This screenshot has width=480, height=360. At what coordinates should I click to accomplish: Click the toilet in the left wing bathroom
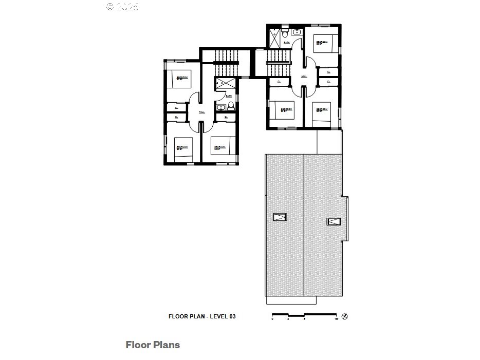tap(231, 106)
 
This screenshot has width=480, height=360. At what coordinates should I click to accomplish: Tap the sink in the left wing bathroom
tap(221, 107)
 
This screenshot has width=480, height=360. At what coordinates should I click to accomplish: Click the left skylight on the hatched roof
tap(280, 217)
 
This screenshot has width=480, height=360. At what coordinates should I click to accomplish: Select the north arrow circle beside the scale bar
tap(345, 316)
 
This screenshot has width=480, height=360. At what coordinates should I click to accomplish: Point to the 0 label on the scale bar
tap(272, 320)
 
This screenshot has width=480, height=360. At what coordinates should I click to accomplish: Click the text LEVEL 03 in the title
tap(222, 317)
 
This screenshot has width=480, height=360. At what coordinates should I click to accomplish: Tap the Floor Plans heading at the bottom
tap(153, 345)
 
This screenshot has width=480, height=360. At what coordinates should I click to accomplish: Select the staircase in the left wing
tap(226, 62)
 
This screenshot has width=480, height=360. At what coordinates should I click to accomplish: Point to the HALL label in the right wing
tap(304, 78)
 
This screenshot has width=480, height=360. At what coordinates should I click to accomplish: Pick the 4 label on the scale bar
tap(288, 320)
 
